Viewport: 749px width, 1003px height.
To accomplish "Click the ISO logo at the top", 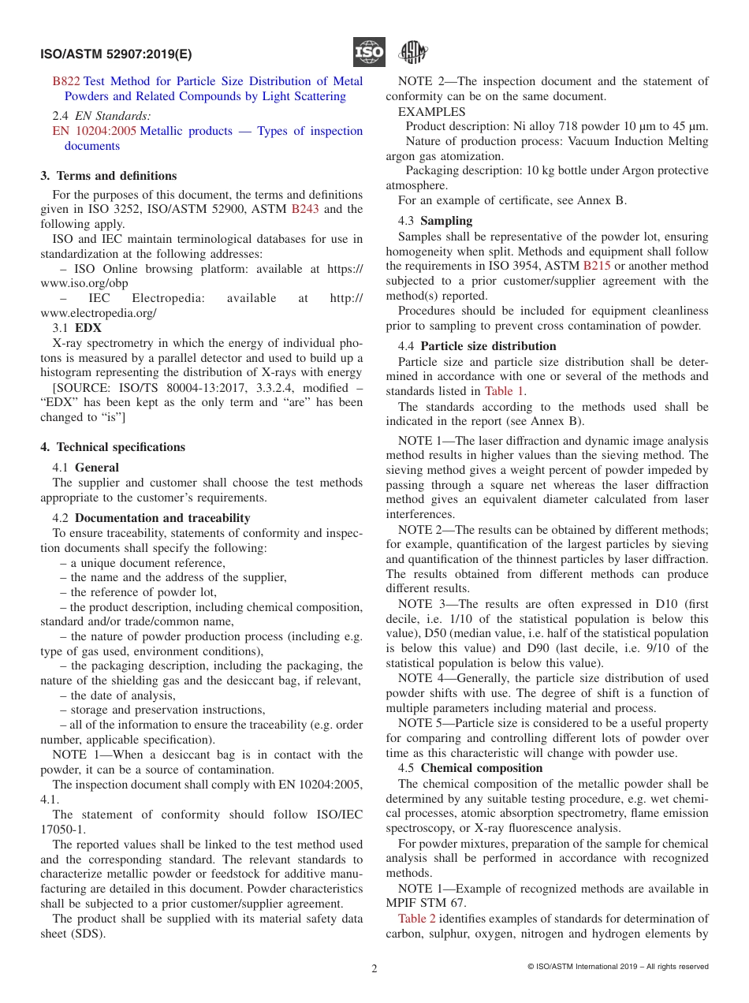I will click(x=369, y=53).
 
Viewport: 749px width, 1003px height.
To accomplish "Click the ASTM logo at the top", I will click(x=412, y=53).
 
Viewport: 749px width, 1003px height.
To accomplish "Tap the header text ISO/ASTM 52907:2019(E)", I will click(x=116, y=54).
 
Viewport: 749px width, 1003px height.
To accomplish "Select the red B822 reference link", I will click(x=66, y=81).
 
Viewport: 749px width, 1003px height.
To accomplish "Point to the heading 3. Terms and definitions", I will click(x=109, y=176).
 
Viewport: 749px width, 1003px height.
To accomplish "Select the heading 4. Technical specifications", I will click(x=113, y=447).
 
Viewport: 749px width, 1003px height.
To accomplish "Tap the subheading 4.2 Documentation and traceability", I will click(x=151, y=518).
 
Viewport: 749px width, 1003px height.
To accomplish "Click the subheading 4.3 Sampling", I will click(x=435, y=221).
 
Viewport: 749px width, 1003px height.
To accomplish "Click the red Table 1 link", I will click(x=505, y=391).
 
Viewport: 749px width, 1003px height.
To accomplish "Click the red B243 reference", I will click(x=305, y=209).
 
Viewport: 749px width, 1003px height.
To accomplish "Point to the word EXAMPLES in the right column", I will click(x=431, y=112).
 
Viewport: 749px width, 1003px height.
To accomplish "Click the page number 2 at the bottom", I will click(x=374, y=969).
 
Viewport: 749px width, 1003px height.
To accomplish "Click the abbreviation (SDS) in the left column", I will click(x=88, y=934).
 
